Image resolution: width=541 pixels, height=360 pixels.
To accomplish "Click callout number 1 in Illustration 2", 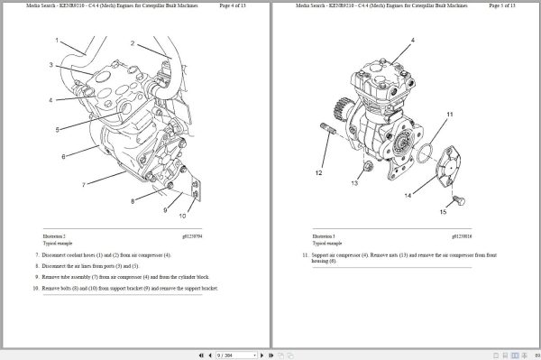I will point(56,41).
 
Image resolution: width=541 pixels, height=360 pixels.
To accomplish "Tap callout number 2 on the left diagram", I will point(133,43).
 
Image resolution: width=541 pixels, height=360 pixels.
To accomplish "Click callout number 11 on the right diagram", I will point(450,115).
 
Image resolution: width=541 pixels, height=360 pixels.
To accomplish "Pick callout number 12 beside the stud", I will point(318,171).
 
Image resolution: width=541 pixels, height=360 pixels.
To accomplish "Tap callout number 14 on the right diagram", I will point(408,195).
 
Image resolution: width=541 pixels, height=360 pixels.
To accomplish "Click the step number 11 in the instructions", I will point(305,256).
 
